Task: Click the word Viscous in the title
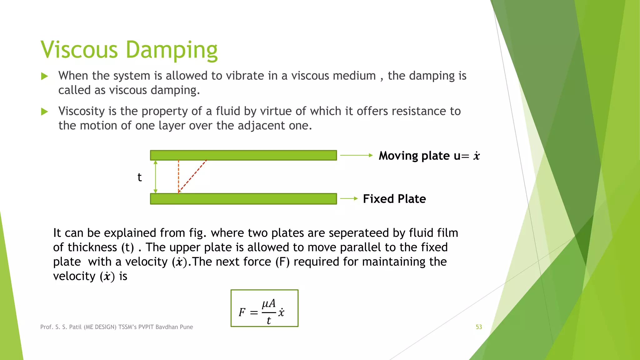pos(79,50)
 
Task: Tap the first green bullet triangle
pos(44,76)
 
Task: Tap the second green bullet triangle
pos(44,112)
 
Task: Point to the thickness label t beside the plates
pos(140,177)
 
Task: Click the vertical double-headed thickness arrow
pos(156,177)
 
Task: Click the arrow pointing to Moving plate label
pos(356,155)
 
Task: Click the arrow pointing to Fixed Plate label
pos(349,198)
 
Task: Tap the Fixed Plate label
pos(394,199)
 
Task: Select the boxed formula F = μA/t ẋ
pos(264,308)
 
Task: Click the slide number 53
pos(479,327)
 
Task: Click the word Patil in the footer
pos(75,327)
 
